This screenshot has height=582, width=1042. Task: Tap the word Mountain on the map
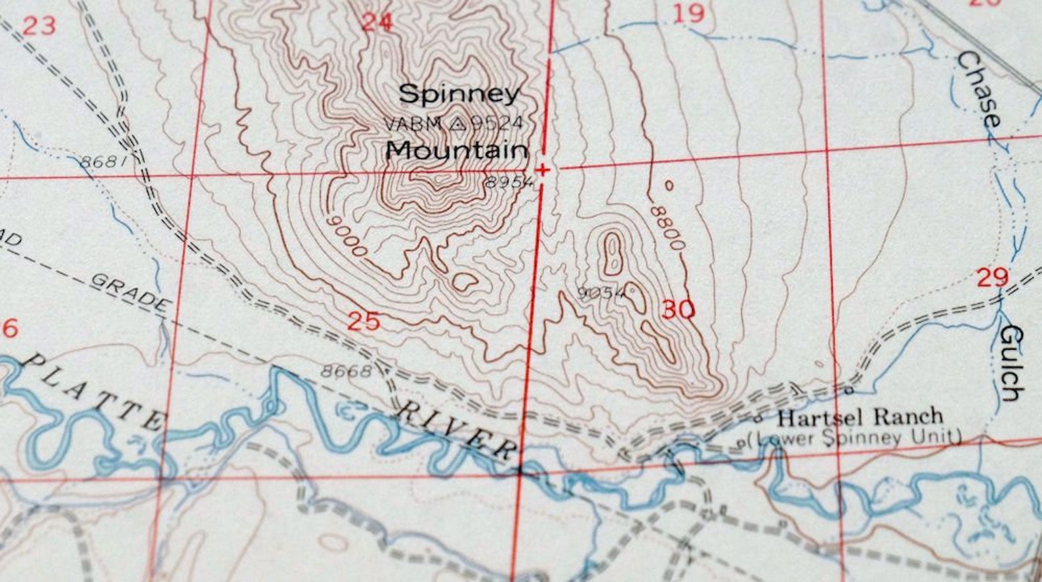coord(457,150)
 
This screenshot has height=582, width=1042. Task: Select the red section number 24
coord(377,23)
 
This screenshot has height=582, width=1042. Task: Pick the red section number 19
coord(689,13)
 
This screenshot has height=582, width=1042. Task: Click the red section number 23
coord(39,27)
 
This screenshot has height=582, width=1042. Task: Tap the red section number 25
coord(364,321)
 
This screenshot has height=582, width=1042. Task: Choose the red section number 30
coord(678,309)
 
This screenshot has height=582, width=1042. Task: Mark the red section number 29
coord(992,277)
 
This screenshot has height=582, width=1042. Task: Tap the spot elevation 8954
coord(510,182)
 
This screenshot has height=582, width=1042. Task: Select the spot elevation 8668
coord(346,371)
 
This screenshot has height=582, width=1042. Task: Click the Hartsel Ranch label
coord(860,417)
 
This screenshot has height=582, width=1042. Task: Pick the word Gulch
coord(1011,362)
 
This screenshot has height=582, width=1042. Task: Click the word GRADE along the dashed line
coord(130,292)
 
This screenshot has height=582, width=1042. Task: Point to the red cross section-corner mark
coord(543,170)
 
